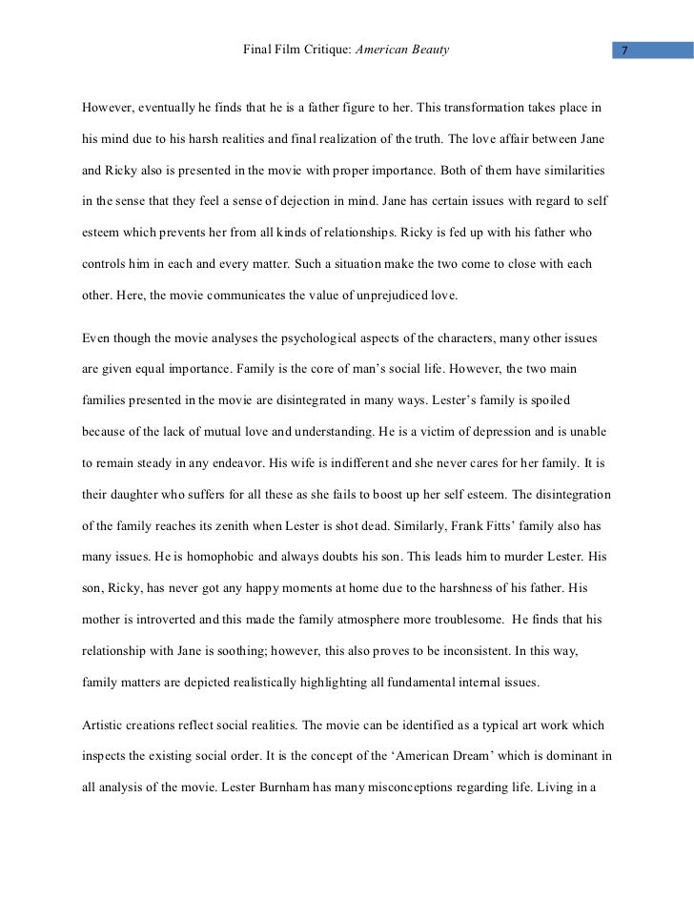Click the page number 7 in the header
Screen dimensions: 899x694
click(x=623, y=49)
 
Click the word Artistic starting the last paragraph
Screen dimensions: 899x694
click(x=107, y=724)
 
